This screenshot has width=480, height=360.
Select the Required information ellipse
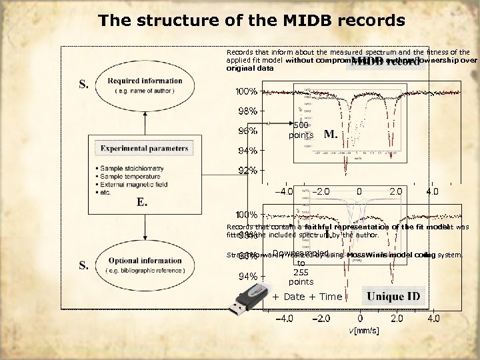[x=144, y=86]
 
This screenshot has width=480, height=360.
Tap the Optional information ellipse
[x=144, y=265]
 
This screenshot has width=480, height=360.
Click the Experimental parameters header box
[x=144, y=148]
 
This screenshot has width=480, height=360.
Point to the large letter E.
[x=141, y=201]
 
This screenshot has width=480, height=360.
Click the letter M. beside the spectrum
[x=330, y=135]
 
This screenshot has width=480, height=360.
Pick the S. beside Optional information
[x=85, y=265]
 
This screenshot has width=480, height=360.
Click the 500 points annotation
[x=301, y=130]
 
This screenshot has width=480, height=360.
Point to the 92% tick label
[x=248, y=170]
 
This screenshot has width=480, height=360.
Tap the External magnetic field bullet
[x=136, y=182]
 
